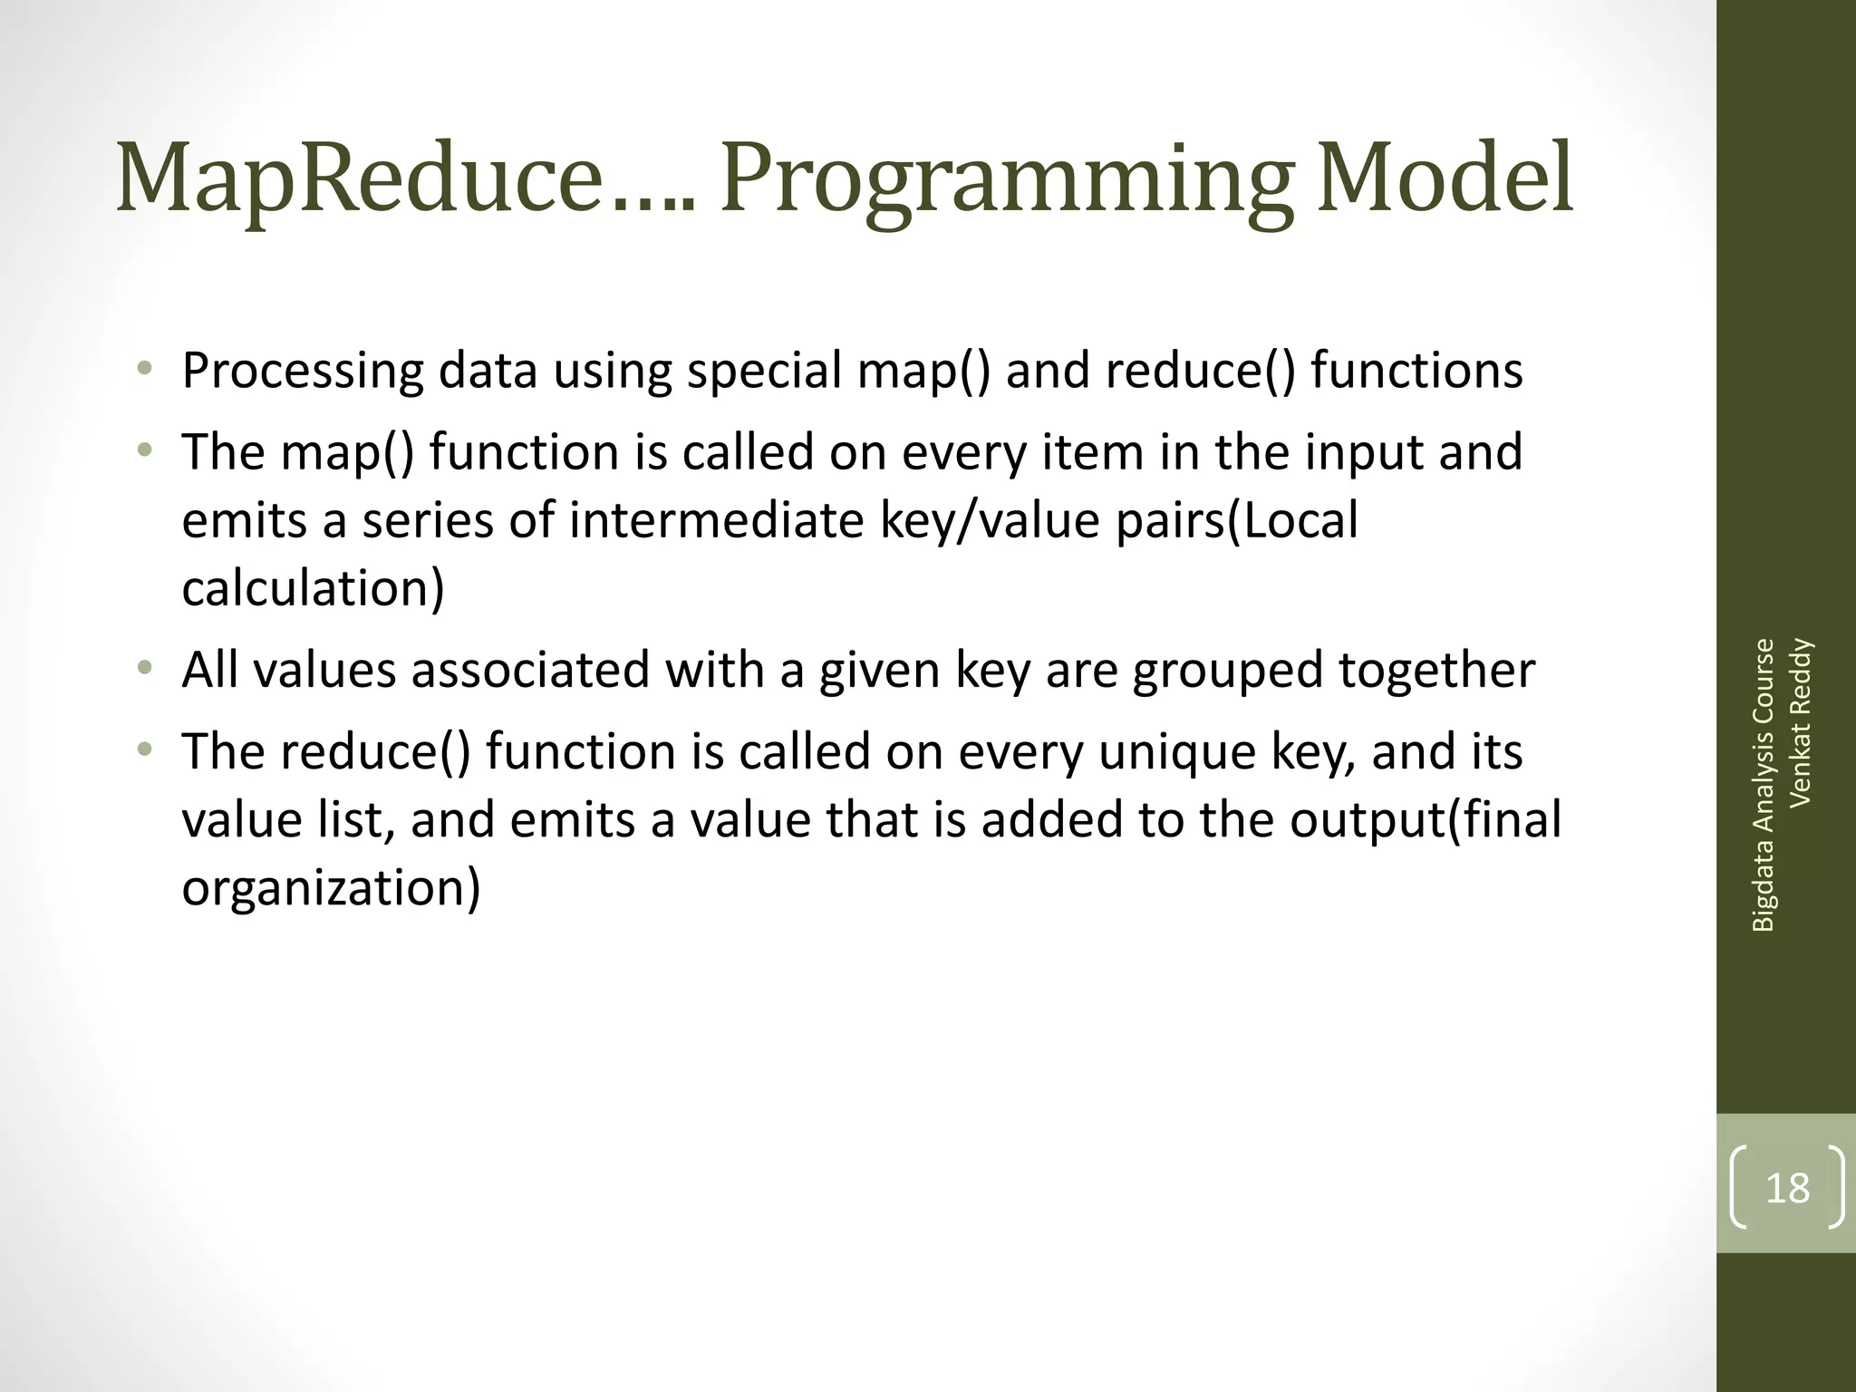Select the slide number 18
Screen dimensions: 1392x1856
click(1787, 1188)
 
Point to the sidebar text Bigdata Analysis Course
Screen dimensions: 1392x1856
click(1763, 785)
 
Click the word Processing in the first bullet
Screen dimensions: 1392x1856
click(303, 372)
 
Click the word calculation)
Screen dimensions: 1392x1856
click(313, 588)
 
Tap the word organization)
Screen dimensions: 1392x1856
click(331, 887)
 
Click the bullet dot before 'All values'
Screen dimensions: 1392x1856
click(144, 670)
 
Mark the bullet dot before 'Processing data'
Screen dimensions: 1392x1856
click(144, 370)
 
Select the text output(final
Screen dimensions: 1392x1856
click(1426, 819)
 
